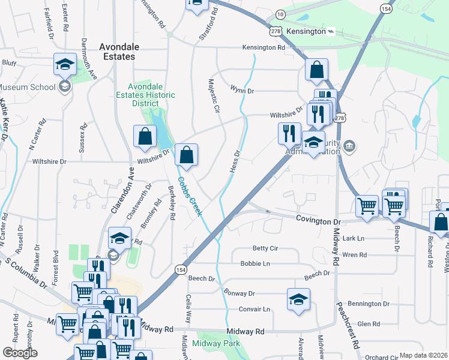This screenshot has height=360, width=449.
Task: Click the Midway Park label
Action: pos(216,343)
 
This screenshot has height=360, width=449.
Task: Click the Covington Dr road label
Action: pos(319,221)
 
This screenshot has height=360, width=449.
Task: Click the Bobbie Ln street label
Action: pos(255,263)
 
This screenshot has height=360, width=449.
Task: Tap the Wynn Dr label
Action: pos(243,89)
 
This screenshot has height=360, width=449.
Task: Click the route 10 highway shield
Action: pos(280,14)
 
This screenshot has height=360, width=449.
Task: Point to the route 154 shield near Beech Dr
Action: pos(181,270)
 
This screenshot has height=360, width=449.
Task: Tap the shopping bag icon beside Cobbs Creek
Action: pos(187,155)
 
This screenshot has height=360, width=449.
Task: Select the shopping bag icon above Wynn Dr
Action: pos(316,70)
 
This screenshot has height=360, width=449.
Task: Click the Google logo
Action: pos(20,353)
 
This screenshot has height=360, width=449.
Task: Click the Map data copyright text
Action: pos(423,355)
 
